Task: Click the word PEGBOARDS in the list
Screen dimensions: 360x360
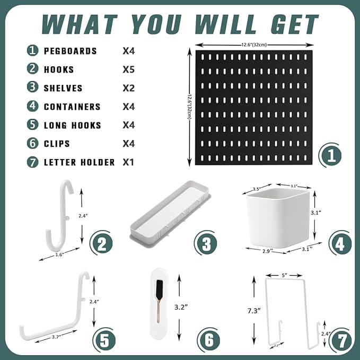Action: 70,51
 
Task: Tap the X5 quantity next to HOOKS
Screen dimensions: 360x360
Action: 128,69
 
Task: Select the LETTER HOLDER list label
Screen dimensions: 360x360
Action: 79,162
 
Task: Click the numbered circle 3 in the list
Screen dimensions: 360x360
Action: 33,88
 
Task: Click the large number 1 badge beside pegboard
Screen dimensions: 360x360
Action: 331,156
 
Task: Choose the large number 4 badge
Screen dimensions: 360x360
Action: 340,243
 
